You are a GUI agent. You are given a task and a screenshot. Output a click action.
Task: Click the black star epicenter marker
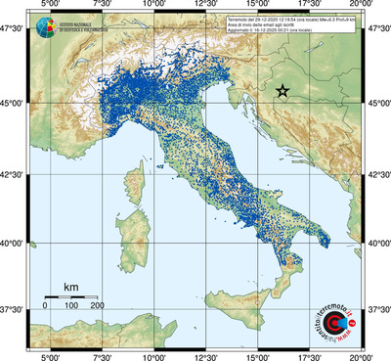(282, 90)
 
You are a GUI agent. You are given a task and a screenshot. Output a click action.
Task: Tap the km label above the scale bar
(70, 286)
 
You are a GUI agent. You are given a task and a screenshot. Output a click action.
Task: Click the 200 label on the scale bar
(98, 305)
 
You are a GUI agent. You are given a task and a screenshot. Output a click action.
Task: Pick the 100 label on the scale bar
(71, 305)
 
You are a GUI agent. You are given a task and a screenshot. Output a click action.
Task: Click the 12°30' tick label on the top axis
(205, 6)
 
